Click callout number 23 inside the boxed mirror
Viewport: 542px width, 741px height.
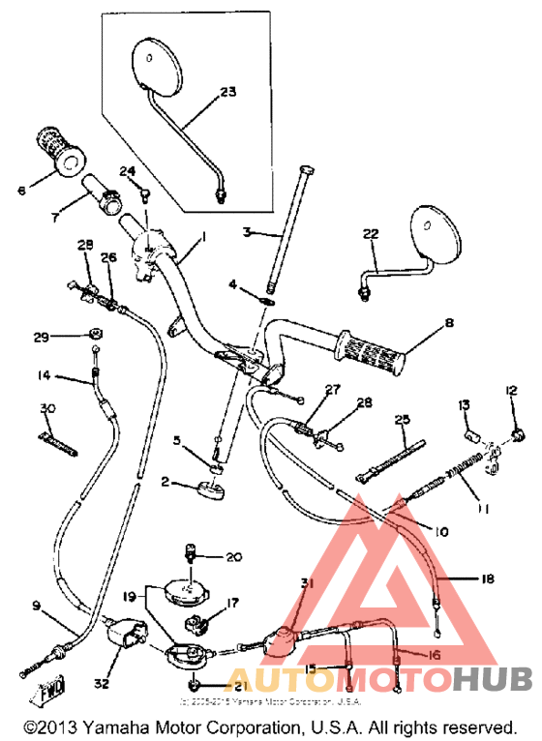pyautogui.click(x=227, y=92)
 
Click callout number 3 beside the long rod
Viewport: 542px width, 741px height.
pyautogui.click(x=248, y=232)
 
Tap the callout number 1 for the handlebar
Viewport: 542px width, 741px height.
pyautogui.click(x=204, y=237)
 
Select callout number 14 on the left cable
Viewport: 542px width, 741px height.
pyautogui.click(x=45, y=376)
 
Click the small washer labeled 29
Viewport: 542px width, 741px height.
pyautogui.click(x=95, y=335)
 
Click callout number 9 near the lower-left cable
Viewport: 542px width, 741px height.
pyautogui.click(x=36, y=607)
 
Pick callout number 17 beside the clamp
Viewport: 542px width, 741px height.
pyautogui.click(x=230, y=603)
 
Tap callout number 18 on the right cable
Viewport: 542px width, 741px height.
pyautogui.click(x=487, y=578)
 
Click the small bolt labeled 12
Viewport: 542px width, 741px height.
pyautogui.click(x=521, y=433)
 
